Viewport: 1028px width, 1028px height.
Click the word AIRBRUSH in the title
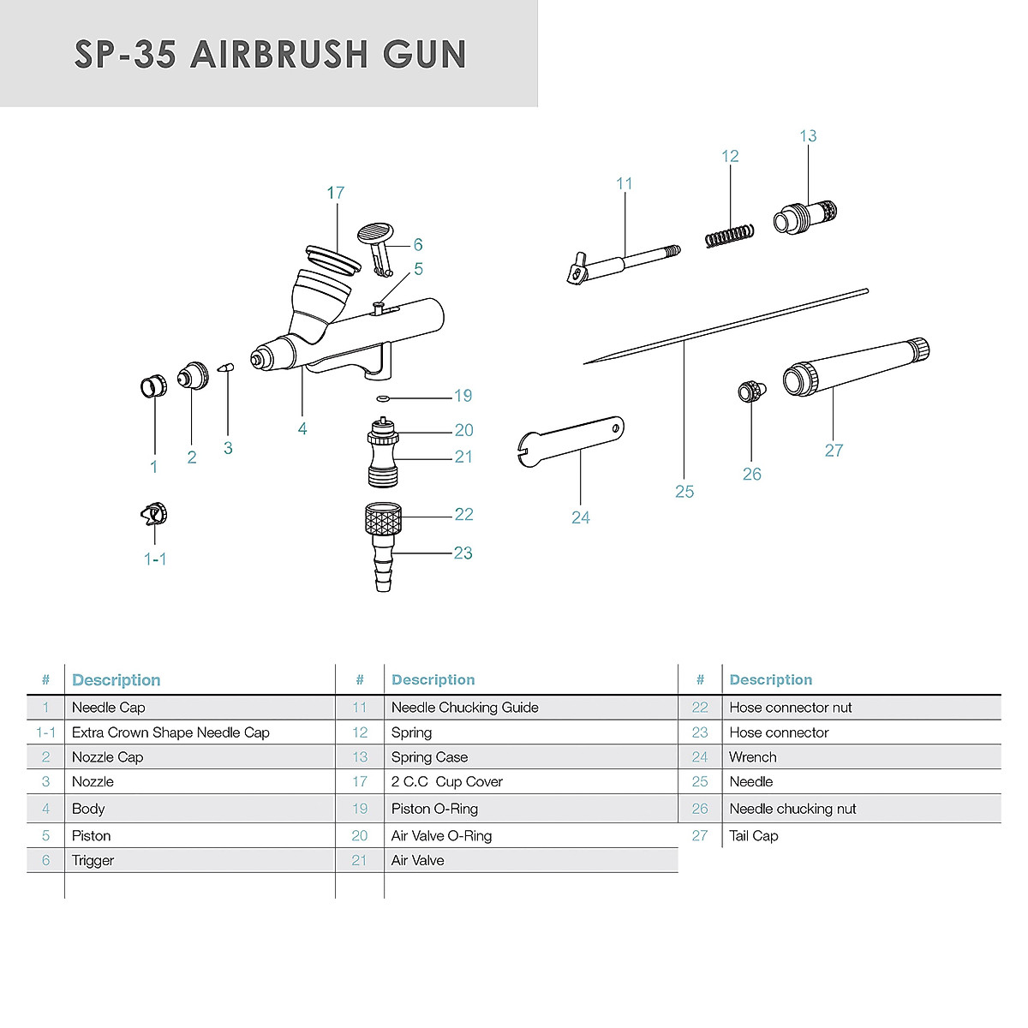[279, 54]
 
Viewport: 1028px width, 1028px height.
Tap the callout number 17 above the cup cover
[335, 193]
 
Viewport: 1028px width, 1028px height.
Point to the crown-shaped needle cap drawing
[153, 515]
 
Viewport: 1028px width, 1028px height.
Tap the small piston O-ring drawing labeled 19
[383, 397]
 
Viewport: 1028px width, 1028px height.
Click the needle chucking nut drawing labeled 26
[750, 391]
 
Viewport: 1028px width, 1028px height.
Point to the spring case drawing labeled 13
[805, 215]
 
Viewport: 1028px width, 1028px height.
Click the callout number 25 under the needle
[684, 492]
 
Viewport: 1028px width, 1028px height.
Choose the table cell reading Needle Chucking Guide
[464, 708]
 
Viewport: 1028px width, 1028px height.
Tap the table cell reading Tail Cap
[753, 836]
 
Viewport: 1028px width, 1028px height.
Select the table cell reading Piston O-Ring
[434, 809]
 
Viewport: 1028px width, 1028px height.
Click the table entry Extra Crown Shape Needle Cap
[170, 732]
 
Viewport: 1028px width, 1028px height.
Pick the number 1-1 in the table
[45, 732]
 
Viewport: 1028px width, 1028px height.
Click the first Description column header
[116, 680]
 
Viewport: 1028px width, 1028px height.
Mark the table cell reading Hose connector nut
[790, 708]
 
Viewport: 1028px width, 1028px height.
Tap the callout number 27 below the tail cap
[834, 451]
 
